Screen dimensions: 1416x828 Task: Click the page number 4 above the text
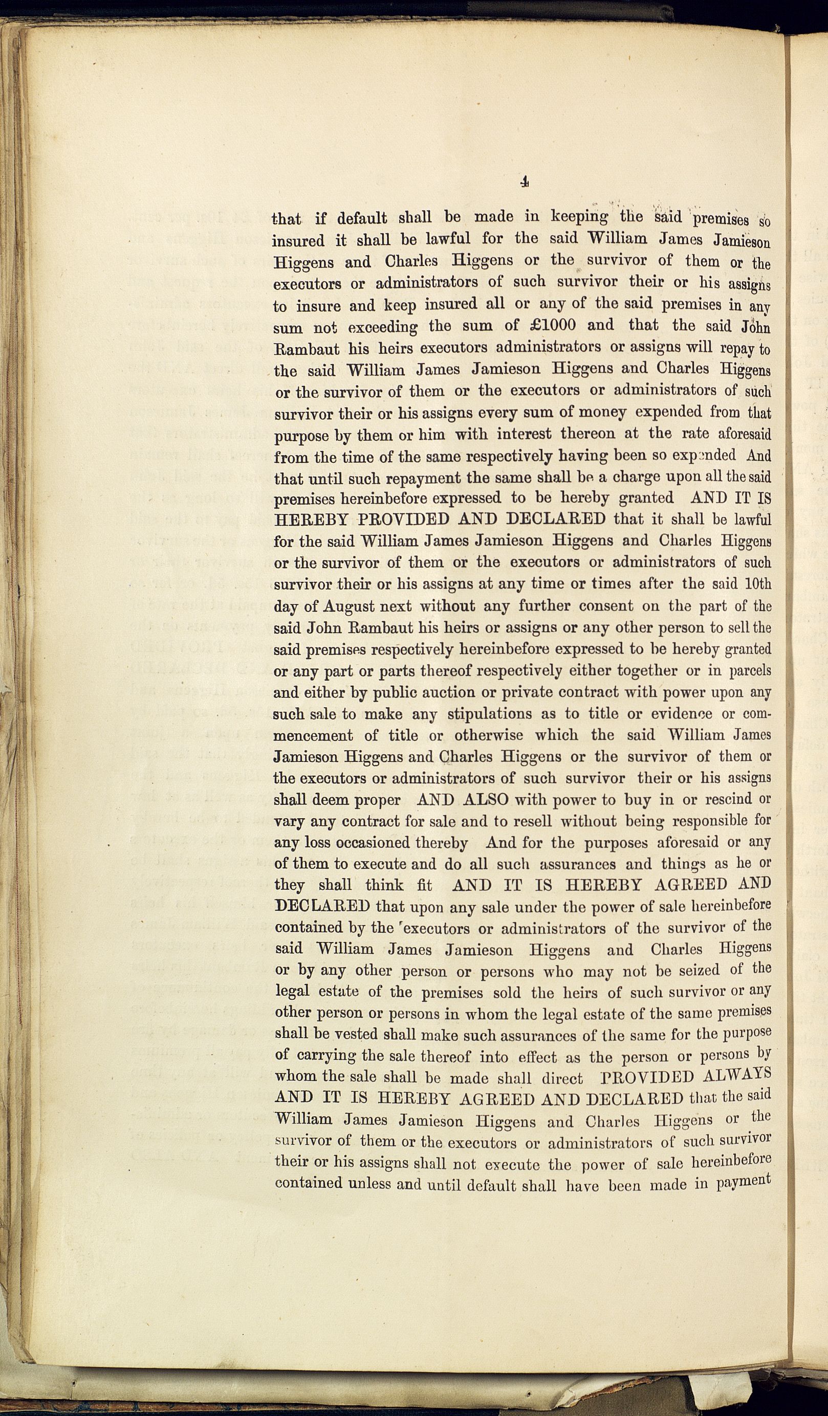(x=524, y=182)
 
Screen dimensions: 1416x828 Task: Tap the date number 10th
(x=757, y=584)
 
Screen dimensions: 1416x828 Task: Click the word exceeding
(x=383, y=327)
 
